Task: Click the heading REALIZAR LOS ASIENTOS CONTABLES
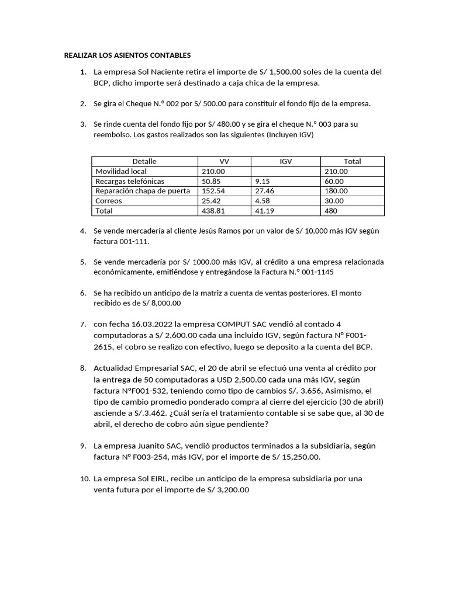click(x=127, y=55)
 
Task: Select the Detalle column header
click(x=144, y=161)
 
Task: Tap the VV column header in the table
click(x=224, y=161)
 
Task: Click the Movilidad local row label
click(x=121, y=171)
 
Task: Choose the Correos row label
click(x=109, y=201)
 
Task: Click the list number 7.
click(x=82, y=324)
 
